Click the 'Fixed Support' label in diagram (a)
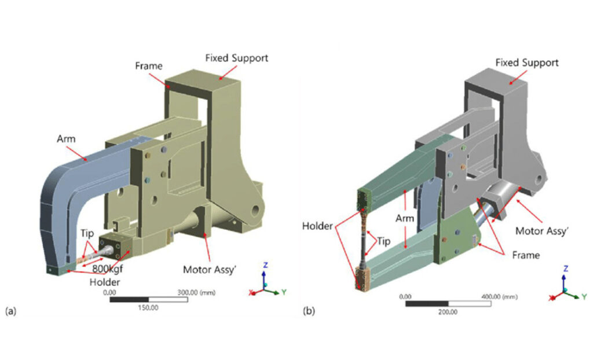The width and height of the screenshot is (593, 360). (x=236, y=58)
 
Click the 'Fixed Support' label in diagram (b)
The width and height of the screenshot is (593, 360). (x=528, y=62)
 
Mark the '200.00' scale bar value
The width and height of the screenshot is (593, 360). (x=448, y=311)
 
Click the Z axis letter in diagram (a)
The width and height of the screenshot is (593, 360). (x=264, y=264)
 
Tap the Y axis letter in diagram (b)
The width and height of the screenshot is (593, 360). (x=584, y=297)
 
